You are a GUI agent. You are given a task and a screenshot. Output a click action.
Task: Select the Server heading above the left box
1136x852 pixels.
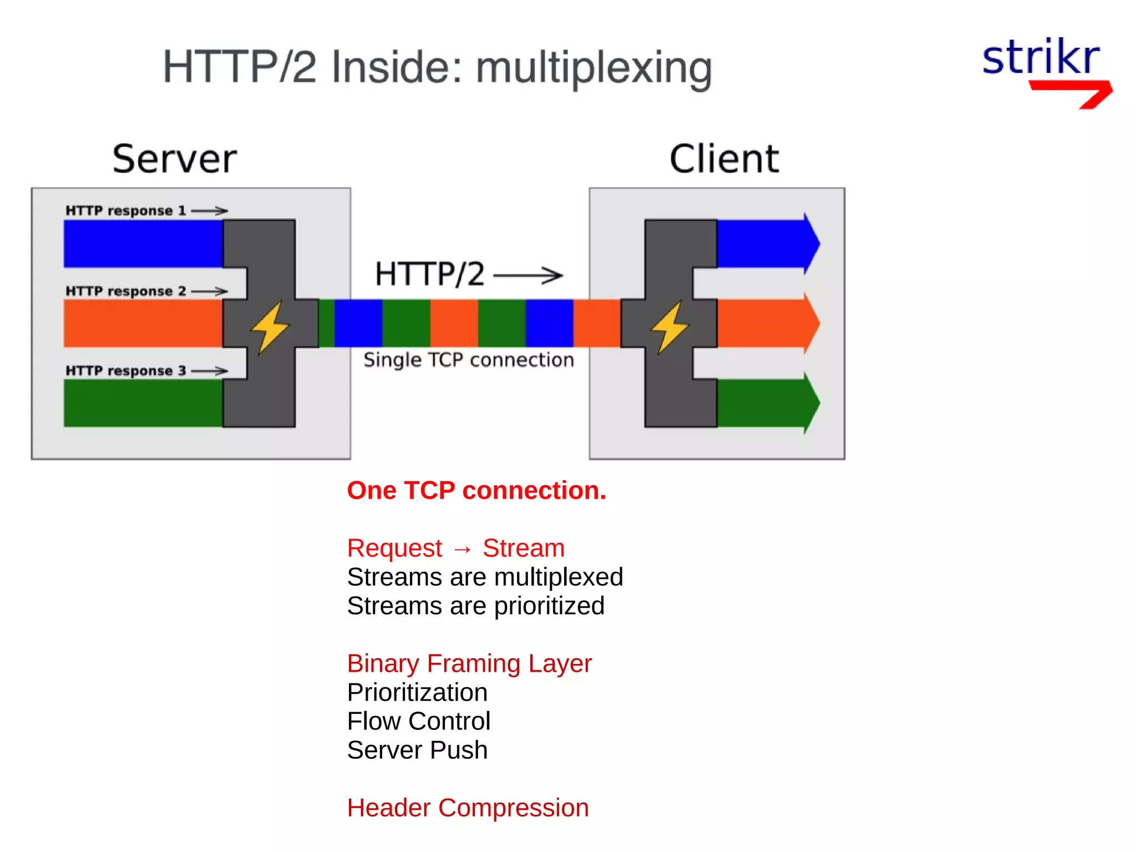point(175,159)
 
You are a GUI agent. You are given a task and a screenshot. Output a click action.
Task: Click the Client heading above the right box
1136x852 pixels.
point(724,159)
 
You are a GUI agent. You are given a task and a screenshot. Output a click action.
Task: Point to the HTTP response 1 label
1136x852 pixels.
point(126,211)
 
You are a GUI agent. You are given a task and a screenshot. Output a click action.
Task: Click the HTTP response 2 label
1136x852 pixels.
point(126,291)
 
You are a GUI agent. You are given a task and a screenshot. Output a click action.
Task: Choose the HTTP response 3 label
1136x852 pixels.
point(126,371)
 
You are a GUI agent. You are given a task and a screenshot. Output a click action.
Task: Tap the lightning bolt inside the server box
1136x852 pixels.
point(270,326)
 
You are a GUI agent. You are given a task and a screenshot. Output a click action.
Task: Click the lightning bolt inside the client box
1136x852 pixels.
point(670,326)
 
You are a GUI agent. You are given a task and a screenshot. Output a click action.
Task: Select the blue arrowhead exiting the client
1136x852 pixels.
point(811,243)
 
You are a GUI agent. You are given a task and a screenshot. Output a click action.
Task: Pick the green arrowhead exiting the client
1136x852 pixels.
point(811,403)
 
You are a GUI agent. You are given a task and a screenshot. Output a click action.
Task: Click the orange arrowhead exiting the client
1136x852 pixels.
point(811,323)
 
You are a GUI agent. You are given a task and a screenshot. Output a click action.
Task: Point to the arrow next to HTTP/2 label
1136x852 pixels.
point(528,275)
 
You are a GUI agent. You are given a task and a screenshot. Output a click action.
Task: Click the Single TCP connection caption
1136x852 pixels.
point(469,360)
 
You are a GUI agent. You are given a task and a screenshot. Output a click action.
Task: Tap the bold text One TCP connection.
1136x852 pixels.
point(476,491)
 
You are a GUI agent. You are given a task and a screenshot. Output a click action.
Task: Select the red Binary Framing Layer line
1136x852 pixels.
point(469,663)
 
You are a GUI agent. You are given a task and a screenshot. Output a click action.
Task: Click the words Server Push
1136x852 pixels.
point(417,750)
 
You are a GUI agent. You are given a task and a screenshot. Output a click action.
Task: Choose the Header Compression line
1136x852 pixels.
point(468,808)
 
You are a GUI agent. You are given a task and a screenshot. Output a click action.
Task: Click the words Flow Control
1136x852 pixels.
point(419,721)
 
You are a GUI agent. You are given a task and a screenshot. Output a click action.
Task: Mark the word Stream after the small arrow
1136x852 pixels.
point(524,548)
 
